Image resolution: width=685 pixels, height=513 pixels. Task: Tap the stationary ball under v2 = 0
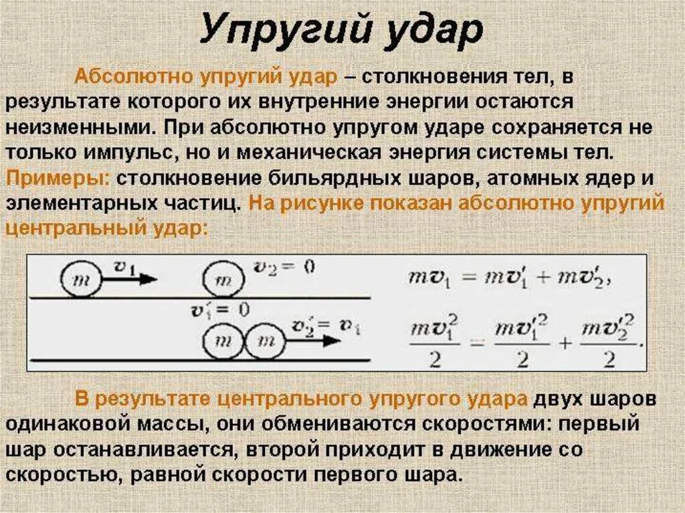point(223,278)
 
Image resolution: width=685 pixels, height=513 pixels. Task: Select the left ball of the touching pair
point(221,343)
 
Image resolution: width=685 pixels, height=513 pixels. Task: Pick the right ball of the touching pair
point(265,343)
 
